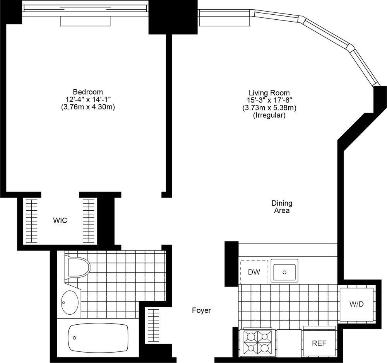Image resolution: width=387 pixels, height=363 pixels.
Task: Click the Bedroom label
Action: click(88, 92)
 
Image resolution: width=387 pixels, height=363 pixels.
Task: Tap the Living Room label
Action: click(269, 93)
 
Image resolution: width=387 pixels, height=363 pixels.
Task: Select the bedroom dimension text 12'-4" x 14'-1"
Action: click(88, 100)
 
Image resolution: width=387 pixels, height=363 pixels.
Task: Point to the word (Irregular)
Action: click(269, 115)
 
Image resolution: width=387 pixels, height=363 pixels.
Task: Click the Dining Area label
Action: click(281, 207)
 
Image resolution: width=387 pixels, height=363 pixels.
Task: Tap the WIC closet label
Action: click(60, 221)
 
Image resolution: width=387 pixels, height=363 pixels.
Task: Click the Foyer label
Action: click(201, 310)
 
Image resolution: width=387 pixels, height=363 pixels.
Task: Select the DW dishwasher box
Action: click(254, 272)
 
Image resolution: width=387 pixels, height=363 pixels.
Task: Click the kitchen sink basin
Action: click(284, 271)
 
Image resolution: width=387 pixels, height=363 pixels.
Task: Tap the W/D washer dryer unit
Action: click(356, 304)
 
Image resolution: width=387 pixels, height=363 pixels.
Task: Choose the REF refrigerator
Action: click(320, 343)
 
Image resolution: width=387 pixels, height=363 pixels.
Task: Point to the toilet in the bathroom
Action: click(77, 267)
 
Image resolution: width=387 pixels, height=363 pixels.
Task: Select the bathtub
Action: click(98, 337)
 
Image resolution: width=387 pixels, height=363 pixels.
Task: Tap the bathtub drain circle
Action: click(74, 337)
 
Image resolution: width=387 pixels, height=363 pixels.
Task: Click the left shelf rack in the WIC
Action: click(31, 221)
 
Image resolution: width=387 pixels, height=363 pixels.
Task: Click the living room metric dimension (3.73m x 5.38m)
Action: click(269, 108)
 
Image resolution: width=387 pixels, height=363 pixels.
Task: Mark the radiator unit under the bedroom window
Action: click(85, 21)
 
